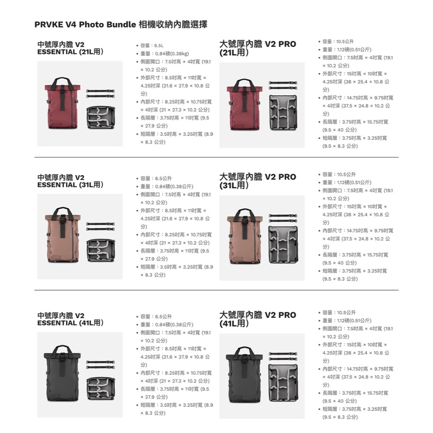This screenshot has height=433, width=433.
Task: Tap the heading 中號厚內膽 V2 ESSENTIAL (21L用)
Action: [x=70, y=48]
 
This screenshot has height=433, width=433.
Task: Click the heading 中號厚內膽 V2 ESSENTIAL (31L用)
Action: [x=70, y=181]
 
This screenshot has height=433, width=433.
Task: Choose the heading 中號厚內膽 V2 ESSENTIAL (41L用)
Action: [x=70, y=320]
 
